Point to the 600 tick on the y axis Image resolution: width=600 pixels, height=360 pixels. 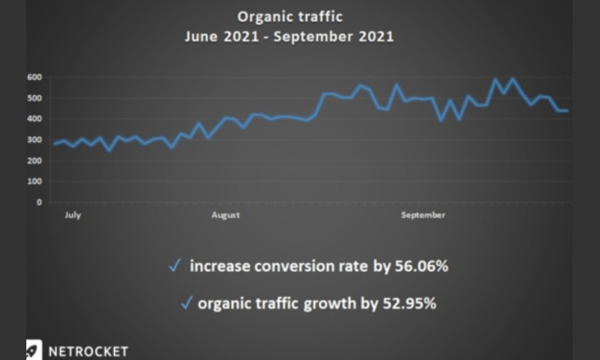(x=34, y=76)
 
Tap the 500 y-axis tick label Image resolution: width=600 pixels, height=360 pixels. (x=34, y=97)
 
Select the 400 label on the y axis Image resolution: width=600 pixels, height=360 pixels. (x=34, y=118)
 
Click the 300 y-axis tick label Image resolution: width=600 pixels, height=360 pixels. (x=34, y=139)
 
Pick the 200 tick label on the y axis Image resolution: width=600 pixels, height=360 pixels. (x=34, y=160)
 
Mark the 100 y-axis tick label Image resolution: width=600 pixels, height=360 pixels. (x=34, y=181)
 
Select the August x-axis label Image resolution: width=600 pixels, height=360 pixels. (x=225, y=216)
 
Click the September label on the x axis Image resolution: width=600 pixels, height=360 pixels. (x=423, y=216)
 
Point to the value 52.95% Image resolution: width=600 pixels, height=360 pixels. (x=410, y=303)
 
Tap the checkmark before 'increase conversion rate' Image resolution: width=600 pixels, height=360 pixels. (x=174, y=265)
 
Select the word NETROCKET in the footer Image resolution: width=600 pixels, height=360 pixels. (x=88, y=351)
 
